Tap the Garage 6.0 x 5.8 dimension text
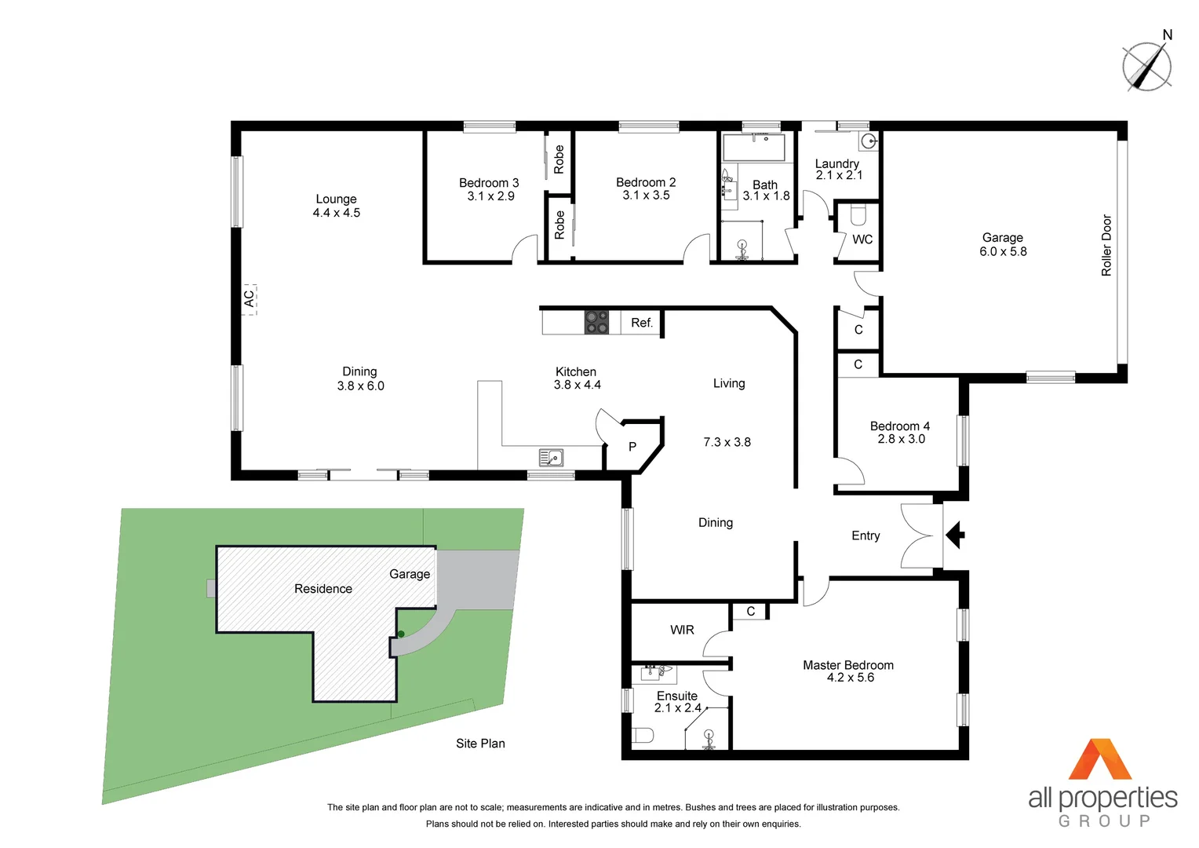tap(1003, 252)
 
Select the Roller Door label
tap(1106, 245)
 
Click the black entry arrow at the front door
tap(955, 535)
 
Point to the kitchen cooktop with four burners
tap(596, 322)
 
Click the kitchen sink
tap(551, 457)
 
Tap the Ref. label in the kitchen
tap(641, 323)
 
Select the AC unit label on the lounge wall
tap(249, 299)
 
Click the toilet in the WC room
tap(858, 214)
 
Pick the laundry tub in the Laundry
tap(868, 141)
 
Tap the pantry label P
tap(632, 447)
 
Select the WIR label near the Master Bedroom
tap(682, 630)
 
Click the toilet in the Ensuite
tap(643, 736)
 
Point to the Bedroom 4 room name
tap(899, 426)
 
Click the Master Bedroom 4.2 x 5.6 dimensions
tap(850, 678)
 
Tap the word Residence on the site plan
tap(323, 589)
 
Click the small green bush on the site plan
tap(401, 634)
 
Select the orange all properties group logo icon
tap(1100, 759)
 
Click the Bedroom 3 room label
tap(489, 183)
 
